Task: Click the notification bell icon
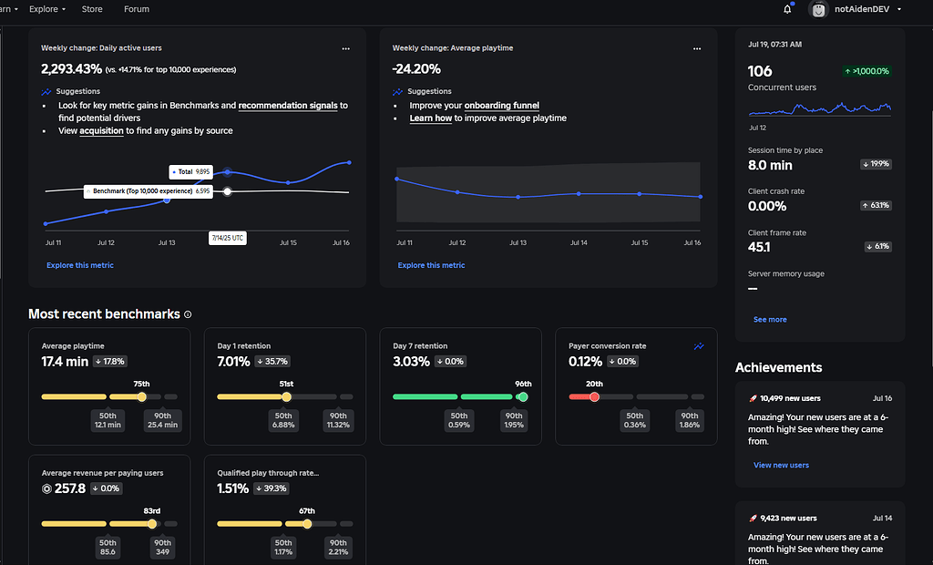tap(787, 9)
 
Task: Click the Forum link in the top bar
tap(137, 9)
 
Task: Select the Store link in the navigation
tap(92, 9)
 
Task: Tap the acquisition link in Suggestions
tap(101, 131)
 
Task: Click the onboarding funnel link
tap(501, 106)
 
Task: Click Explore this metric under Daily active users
tap(80, 265)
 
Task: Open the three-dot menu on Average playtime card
tap(697, 48)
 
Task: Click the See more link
tap(770, 320)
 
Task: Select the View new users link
tap(781, 466)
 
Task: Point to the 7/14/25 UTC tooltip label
tap(227, 237)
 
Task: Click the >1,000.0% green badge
tap(866, 71)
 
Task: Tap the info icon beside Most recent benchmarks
tap(189, 314)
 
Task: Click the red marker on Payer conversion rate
tap(594, 396)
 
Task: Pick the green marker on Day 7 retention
tap(523, 396)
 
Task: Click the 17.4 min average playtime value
tap(65, 362)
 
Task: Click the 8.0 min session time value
tap(770, 165)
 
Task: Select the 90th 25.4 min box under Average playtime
tap(164, 420)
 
